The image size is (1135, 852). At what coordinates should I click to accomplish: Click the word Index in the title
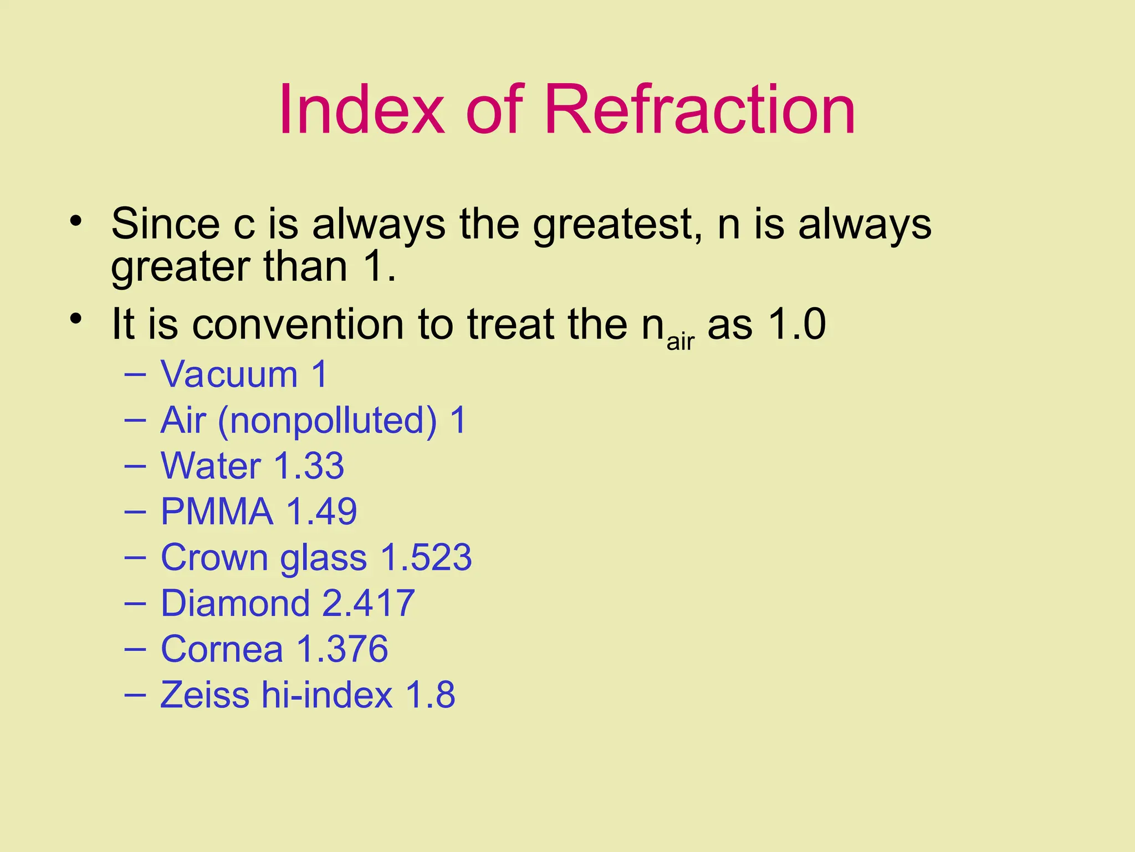361,109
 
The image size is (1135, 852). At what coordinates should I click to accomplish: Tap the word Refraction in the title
700,109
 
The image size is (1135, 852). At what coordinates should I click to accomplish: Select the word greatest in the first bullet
611,225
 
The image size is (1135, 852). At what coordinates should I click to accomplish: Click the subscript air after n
680,341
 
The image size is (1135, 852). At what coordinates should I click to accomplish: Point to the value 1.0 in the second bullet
797,324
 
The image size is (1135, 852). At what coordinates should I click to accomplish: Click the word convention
298,324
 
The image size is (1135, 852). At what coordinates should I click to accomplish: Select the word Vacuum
229,374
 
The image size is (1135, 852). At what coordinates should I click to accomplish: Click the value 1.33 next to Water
309,466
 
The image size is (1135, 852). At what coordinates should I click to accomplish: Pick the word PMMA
217,511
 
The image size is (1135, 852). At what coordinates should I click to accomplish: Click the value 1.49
321,511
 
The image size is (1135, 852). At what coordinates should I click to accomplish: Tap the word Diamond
234,603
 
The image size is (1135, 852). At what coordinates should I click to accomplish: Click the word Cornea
221,649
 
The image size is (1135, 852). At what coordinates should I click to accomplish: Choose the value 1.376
342,649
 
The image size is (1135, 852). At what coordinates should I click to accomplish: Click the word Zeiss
204,695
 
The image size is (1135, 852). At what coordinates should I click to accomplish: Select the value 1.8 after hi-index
430,695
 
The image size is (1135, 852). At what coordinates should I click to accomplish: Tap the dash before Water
135,466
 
